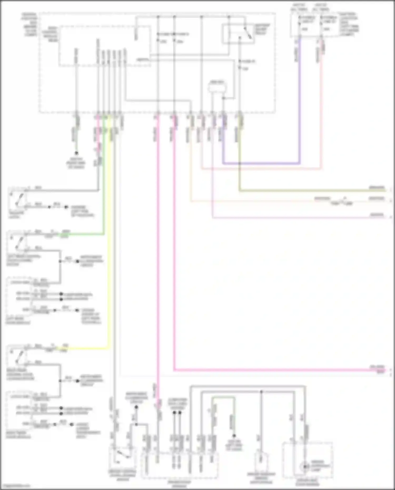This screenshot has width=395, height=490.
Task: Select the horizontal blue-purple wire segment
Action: point(261,163)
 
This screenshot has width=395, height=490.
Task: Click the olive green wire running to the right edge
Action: point(311,190)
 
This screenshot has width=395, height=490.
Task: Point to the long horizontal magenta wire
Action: point(276,370)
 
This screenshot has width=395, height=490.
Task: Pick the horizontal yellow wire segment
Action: point(87,349)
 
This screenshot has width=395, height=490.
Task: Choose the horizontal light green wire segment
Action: point(84,234)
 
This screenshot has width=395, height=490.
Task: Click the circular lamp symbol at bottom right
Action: point(305,467)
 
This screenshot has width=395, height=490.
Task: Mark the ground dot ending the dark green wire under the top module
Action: point(76,153)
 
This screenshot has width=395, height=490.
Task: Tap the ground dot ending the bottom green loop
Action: point(234,436)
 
